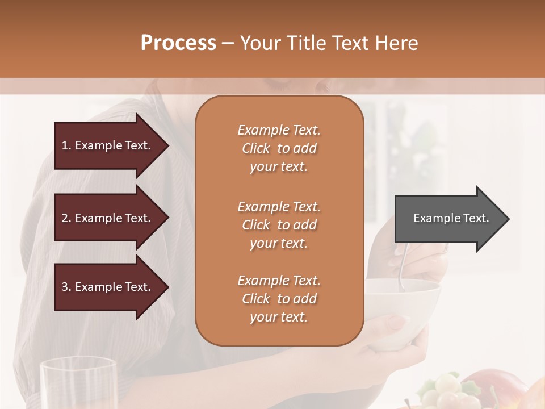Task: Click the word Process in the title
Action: pyautogui.click(x=178, y=43)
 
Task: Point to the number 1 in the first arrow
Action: pyautogui.click(x=65, y=145)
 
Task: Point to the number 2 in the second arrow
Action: pyautogui.click(x=65, y=218)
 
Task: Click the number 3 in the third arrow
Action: pyautogui.click(x=65, y=287)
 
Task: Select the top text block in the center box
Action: pyautogui.click(x=279, y=148)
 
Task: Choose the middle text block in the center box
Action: pyautogui.click(x=279, y=224)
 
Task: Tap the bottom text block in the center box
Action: pyautogui.click(x=279, y=299)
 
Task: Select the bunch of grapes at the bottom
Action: pyautogui.click(x=446, y=391)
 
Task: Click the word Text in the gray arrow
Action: pyautogui.click(x=476, y=218)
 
